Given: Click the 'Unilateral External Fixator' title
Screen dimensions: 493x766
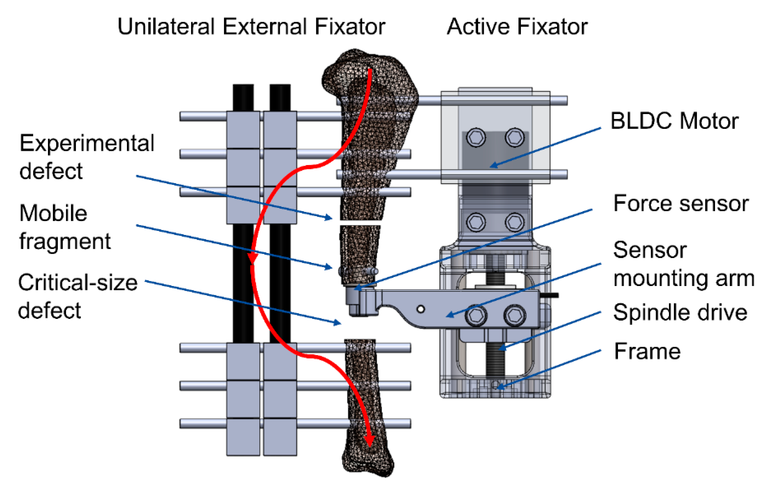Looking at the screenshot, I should point(251,27).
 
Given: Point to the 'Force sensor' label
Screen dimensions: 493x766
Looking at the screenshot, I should point(680,204).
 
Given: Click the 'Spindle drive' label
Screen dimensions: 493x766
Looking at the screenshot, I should point(680,313).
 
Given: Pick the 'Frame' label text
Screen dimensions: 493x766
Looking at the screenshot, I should point(647,351).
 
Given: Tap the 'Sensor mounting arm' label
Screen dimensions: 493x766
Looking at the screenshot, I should point(683,264).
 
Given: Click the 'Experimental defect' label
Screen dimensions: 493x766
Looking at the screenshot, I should point(86,157).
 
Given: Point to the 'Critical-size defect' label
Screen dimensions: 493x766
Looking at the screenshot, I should point(78,297).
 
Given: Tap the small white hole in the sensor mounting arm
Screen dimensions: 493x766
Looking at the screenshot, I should point(421,309).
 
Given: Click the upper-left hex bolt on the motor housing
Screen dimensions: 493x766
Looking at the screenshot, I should point(476,138).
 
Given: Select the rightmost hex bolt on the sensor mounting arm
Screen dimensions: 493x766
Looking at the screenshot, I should point(514,315).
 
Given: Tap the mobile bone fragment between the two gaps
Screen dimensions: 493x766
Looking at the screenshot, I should point(360,253).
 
